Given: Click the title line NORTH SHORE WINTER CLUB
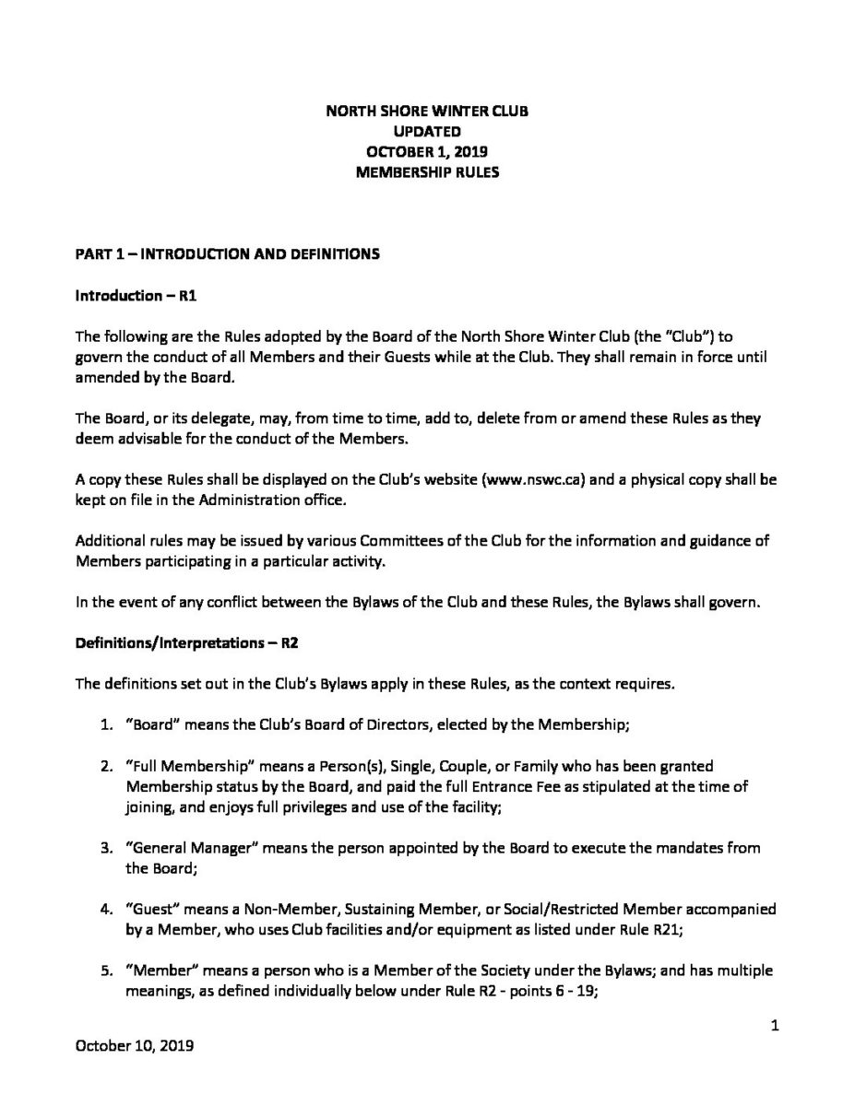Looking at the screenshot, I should click(427, 112).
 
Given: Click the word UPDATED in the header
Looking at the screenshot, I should click(427, 132).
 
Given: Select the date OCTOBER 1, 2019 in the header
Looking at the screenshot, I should click(427, 152).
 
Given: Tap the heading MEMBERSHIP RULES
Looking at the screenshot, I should click(427, 172).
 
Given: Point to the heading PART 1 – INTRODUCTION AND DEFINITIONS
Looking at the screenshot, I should click(227, 254).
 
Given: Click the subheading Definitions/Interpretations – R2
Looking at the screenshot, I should click(184, 643).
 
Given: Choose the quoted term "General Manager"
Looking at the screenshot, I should click(192, 848).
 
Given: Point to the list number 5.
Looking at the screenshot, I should click(106, 971).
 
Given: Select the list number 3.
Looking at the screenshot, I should click(106, 848).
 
